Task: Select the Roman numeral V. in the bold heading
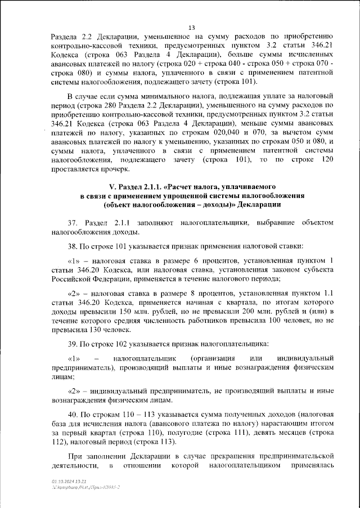[x=111, y=186]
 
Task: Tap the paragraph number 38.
[x=73, y=246]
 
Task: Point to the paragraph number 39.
[x=73, y=344]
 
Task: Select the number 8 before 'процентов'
[x=222, y=294]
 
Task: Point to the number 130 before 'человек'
[x=81, y=330]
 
